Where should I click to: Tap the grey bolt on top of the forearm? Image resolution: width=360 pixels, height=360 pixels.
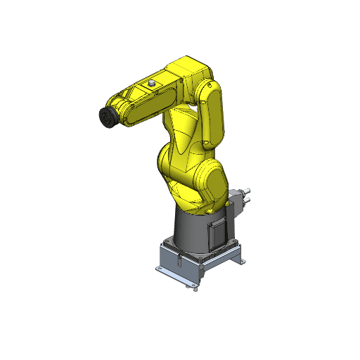click(150, 83)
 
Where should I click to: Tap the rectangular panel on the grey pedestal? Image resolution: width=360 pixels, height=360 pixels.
click(217, 233)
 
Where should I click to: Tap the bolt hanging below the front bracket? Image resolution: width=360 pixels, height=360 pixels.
click(194, 287)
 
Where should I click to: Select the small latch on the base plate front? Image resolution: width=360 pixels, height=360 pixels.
click(180, 262)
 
